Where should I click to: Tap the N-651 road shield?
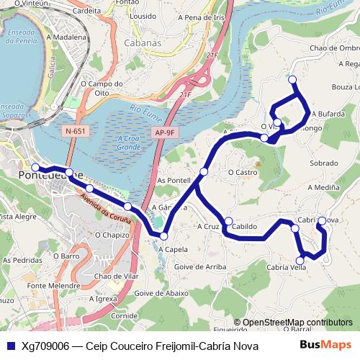tap(74, 131)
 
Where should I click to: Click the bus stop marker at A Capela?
tap(163, 236)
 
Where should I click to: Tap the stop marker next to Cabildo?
tap(228, 221)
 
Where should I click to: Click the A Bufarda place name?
tap(328, 114)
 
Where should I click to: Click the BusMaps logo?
tap(325, 346)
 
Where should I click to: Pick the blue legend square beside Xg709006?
tap(10, 346)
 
